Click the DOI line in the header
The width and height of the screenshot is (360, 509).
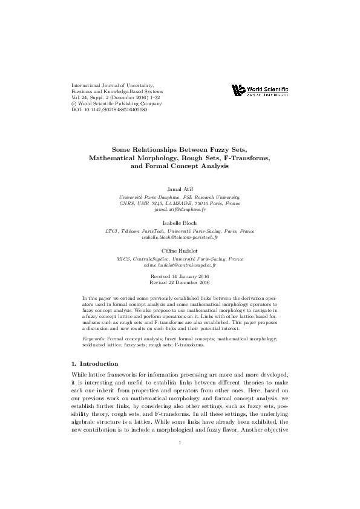click(x=109, y=109)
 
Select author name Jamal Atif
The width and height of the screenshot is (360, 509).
click(x=180, y=189)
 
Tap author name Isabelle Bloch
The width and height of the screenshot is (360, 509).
click(x=180, y=223)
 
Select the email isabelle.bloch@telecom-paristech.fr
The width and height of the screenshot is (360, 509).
click(x=180, y=237)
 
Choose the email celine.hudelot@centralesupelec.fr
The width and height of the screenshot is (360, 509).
click(x=180, y=265)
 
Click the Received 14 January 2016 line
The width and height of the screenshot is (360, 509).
click(x=180, y=275)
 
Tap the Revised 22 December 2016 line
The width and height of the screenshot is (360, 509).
click(x=180, y=282)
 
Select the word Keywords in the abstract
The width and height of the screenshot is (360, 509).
click(x=93, y=339)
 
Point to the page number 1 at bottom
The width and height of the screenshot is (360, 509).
click(x=180, y=478)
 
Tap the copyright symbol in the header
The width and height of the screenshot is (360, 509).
click(x=73, y=103)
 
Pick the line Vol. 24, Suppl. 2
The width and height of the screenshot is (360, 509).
click(x=115, y=97)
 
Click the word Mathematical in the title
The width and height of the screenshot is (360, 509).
click(x=112, y=157)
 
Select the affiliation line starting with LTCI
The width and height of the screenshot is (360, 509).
click(x=180, y=230)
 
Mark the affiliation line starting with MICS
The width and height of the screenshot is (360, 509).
click(x=180, y=258)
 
